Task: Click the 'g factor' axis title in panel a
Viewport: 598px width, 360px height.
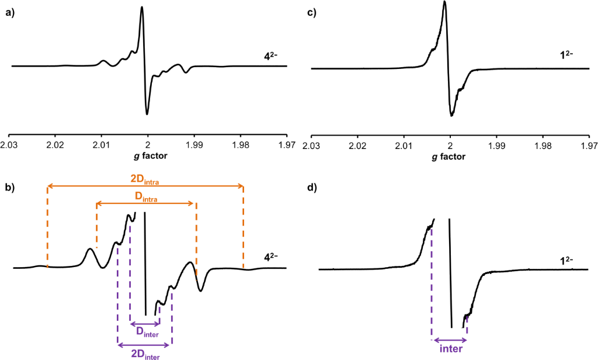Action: [148, 157]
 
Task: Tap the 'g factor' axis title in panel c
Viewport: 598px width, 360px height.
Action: [450, 157]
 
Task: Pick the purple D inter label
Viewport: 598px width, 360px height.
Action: [144, 333]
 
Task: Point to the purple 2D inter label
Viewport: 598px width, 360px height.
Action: [144, 352]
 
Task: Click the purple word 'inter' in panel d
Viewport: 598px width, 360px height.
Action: [449, 349]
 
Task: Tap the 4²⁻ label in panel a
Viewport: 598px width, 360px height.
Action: [272, 57]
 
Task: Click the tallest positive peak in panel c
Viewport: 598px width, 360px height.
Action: [445, 2]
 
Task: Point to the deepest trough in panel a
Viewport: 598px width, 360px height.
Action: [147, 113]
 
